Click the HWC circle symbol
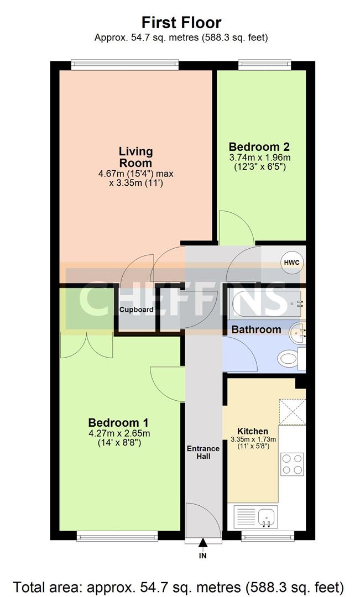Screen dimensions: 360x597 tap(292, 263)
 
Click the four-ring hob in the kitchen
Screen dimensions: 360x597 tap(292, 464)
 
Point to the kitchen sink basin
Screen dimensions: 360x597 tap(268, 517)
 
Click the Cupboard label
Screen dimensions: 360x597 tap(137, 310)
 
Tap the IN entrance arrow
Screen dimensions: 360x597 tap(203, 544)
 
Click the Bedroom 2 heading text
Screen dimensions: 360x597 tap(259, 146)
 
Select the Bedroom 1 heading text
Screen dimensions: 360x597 tap(118, 423)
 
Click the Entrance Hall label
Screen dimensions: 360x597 tap(203, 452)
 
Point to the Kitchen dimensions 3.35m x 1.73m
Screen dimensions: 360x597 tap(253, 439)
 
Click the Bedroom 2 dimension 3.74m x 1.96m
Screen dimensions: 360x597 tap(260, 158)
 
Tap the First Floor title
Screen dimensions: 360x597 tap(181, 23)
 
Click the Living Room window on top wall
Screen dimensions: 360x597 tap(125, 65)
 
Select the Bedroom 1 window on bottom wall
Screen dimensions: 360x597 tap(117, 536)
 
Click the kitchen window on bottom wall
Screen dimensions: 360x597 tap(268, 536)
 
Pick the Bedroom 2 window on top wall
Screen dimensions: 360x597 tap(265, 65)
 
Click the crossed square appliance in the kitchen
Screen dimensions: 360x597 tap(292, 412)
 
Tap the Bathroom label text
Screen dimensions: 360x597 tap(257, 329)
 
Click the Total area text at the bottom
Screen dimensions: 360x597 tap(179, 586)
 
